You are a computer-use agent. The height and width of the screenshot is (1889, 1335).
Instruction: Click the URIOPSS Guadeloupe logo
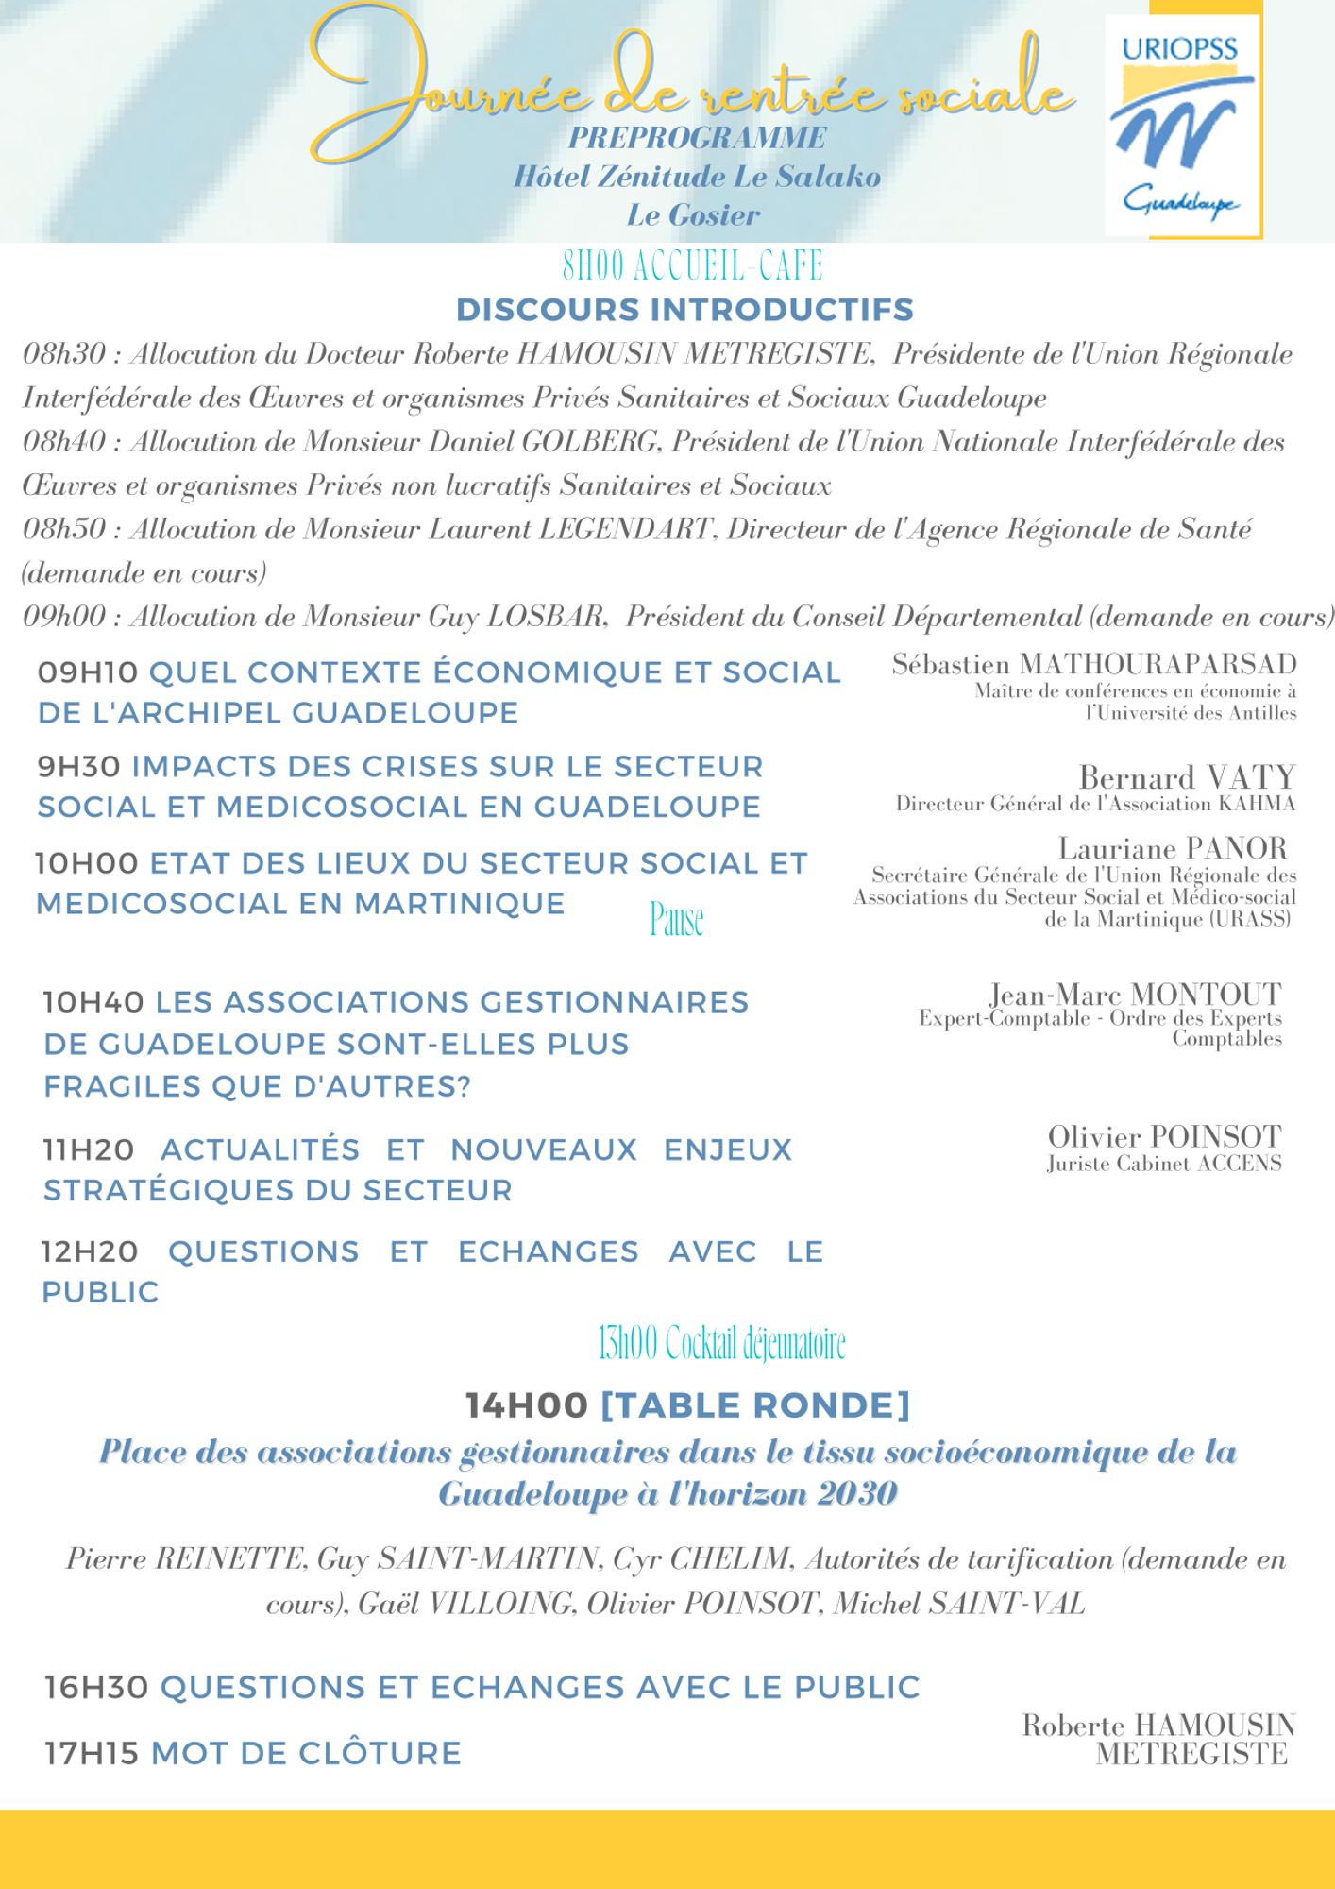[x=1184, y=125]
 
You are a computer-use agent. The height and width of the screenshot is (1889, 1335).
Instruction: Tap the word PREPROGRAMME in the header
[x=697, y=138]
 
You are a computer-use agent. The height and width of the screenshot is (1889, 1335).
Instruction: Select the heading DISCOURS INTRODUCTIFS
[x=684, y=309]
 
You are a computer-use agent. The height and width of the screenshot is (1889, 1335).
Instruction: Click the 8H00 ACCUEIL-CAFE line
[x=692, y=266]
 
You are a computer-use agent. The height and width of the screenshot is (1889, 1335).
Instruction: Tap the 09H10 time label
[x=88, y=672]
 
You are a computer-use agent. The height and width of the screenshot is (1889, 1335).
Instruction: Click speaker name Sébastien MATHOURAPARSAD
[x=1093, y=665]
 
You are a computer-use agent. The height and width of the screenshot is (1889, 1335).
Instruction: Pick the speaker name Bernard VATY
[x=1187, y=777]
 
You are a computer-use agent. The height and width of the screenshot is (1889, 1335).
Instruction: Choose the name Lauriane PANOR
[x=1173, y=848]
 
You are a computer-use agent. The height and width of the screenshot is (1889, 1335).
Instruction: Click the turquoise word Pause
[x=676, y=919]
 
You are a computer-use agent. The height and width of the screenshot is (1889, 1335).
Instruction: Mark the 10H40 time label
[x=93, y=1001]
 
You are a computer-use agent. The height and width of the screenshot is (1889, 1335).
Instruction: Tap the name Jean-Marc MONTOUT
[x=1135, y=995]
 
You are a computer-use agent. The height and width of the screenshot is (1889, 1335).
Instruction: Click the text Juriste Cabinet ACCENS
[x=1164, y=1164]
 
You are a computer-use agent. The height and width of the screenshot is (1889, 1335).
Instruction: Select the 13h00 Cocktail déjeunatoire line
[x=721, y=1342]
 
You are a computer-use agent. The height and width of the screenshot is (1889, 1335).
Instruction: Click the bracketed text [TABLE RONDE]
[x=755, y=1405]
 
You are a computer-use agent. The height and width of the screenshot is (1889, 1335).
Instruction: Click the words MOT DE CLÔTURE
[x=306, y=1753]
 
